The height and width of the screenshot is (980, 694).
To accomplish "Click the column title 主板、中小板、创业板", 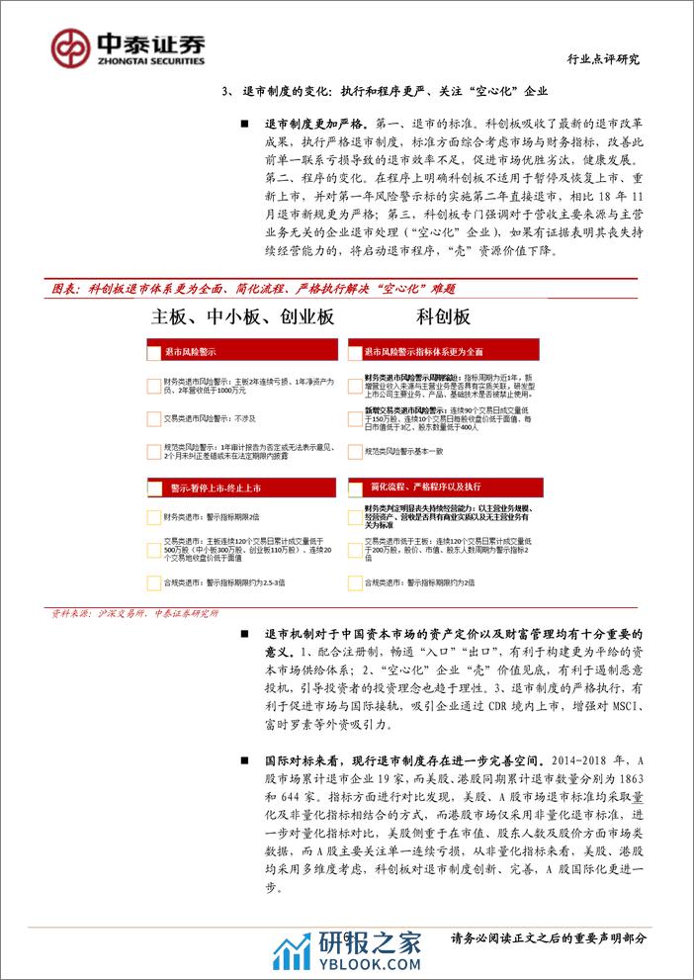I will point(242,317).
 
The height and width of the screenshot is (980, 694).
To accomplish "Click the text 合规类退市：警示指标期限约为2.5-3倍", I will point(226,583).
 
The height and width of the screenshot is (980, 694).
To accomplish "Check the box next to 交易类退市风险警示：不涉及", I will point(152,418).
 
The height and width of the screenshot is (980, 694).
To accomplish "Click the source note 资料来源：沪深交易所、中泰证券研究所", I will point(134,613).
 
